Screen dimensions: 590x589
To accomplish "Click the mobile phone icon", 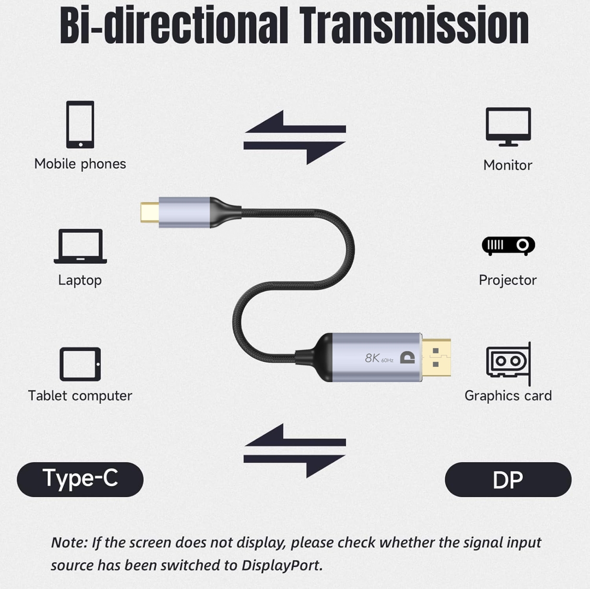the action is click(x=80, y=125).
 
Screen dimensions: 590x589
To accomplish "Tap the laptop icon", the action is click(x=80, y=246).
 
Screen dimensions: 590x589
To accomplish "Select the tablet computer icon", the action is click(x=80, y=364).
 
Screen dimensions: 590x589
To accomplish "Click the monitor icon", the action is click(x=508, y=127).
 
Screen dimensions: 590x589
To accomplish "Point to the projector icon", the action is click(x=508, y=246).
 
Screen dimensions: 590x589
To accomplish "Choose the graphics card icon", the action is click(x=509, y=364).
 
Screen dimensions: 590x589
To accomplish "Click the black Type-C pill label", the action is click(x=80, y=479).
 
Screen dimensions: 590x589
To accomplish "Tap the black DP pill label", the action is click(x=508, y=479).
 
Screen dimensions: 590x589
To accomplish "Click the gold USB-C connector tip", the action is click(x=150, y=212).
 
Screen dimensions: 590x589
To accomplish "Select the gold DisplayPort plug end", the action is click(x=436, y=357).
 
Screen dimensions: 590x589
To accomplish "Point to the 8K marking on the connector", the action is click(x=372, y=358).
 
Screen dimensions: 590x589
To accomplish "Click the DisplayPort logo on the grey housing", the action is click(x=407, y=357).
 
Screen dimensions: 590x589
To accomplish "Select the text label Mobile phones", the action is click(x=80, y=164).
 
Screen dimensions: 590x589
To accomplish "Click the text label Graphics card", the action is click(x=508, y=396).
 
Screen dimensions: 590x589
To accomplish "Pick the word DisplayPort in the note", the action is click(x=282, y=566).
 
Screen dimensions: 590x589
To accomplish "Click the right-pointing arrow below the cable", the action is click(x=295, y=465).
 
